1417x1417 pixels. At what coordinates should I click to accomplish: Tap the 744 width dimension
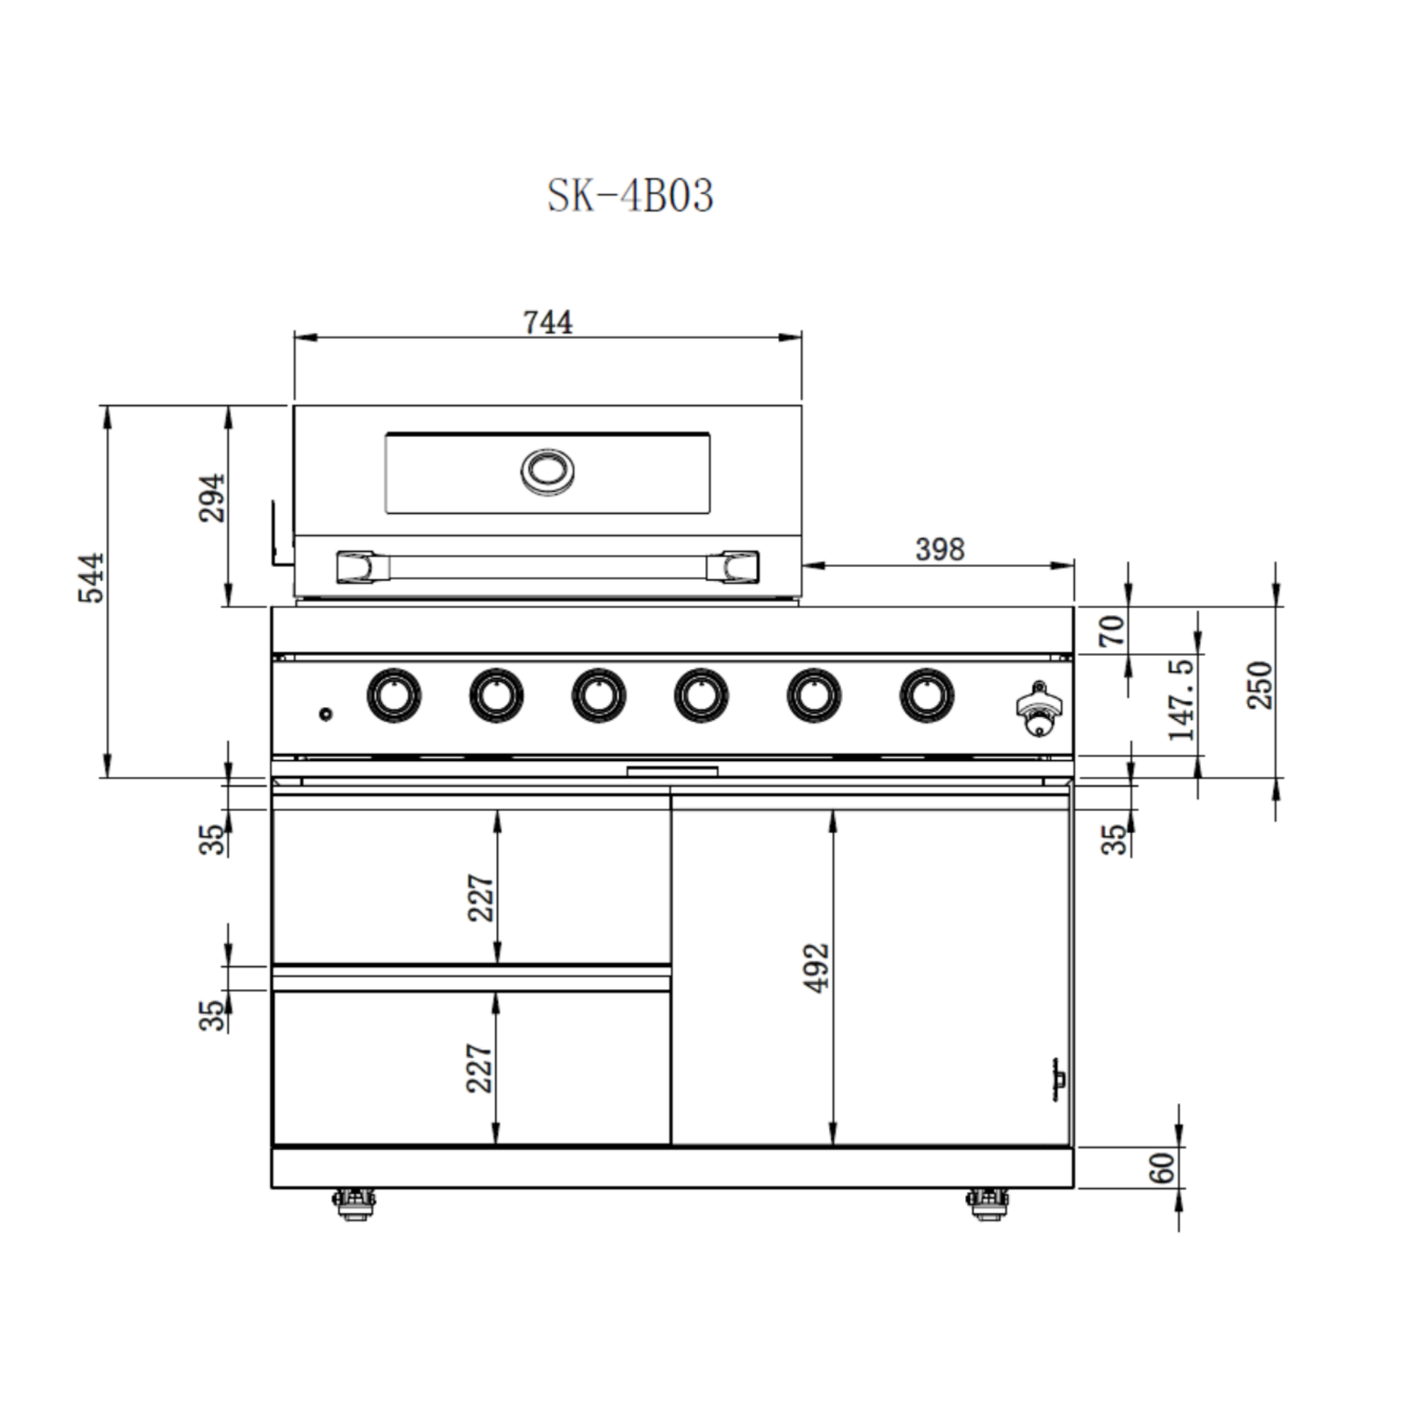click(x=548, y=322)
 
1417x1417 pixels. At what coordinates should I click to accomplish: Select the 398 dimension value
click(x=939, y=549)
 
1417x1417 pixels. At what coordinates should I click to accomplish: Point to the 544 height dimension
click(x=91, y=579)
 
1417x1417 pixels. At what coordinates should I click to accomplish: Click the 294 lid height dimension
click(x=213, y=498)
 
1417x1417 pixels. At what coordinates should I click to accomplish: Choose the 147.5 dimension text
click(x=1182, y=699)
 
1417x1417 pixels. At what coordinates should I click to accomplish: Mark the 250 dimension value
click(x=1260, y=685)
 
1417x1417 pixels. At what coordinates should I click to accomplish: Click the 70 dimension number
click(x=1112, y=631)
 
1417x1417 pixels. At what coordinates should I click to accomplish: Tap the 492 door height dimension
click(x=816, y=968)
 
